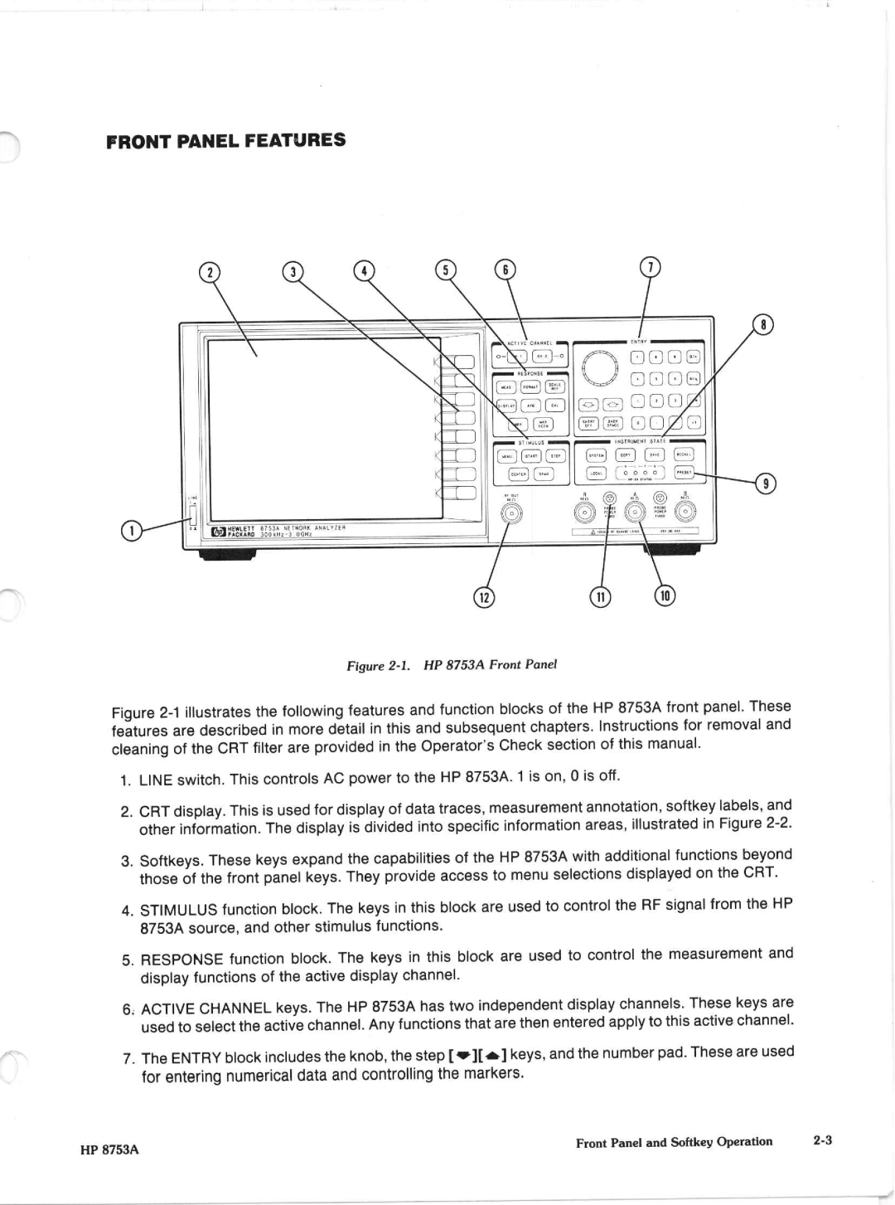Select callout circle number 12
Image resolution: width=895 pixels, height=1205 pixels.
pos(483,596)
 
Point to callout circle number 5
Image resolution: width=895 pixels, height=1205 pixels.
pos(446,270)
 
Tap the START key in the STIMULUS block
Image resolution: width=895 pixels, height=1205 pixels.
pos(531,455)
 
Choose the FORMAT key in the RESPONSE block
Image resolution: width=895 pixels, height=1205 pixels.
pos(530,386)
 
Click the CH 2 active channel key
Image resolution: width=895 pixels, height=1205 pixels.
pos(542,357)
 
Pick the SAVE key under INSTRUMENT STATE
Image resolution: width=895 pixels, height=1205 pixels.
pos(655,454)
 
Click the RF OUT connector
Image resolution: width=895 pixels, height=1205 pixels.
pos(513,515)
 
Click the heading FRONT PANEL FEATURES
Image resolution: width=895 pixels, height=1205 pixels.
pos(226,140)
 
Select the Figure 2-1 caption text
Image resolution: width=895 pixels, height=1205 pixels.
pos(452,665)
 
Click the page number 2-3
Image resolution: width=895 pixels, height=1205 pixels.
pos(822,1140)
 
